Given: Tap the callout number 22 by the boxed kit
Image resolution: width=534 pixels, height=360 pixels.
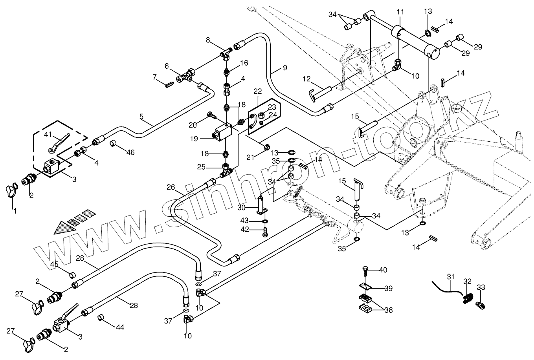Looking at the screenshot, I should [x=257, y=91].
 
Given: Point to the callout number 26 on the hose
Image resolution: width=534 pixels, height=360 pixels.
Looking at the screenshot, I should [x=170, y=188].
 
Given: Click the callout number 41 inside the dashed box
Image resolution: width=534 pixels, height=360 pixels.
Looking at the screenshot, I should [x=48, y=135].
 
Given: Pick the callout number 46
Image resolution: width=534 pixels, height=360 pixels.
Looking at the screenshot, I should [x=130, y=152].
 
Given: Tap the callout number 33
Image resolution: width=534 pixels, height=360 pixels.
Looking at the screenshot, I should [x=481, y=287].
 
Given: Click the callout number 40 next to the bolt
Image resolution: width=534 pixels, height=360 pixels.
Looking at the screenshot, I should [x=383, y=270].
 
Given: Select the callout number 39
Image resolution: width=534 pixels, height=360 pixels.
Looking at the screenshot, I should [x=388, y=289].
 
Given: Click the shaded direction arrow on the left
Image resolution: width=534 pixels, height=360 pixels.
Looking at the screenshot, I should [x=65, y=227].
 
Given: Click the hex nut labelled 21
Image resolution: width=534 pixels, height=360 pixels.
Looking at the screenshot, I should [x=266, y=147].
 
